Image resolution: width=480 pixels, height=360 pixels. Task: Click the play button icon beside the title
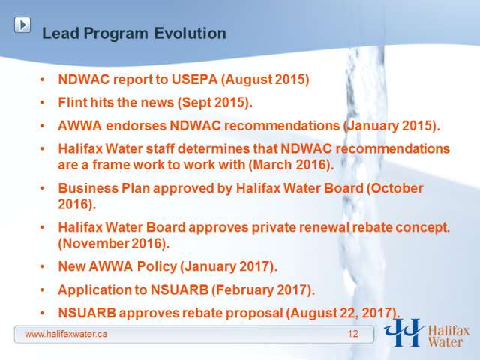pyautogui.click(x=22, y=25)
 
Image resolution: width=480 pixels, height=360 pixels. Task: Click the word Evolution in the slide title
pyautogui.click(x=190, y=33)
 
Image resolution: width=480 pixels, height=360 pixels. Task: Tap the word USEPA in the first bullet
pyautogui.click(x=194, y=79)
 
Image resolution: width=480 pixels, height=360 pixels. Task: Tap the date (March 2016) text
pyautogui.click(x=291, y=165)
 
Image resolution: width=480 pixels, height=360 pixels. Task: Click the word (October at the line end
pyautogui.click(x=395, y=188)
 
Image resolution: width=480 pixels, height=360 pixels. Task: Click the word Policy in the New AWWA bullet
pyautogui.click(x=157, y=266)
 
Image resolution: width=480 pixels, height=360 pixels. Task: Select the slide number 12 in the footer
pyautogui.click(x=353, y=334)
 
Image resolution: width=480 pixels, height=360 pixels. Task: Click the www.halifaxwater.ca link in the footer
pyautogui.click(x=66, y=334)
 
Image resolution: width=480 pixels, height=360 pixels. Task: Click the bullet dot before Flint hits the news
pyautogui.click(x=43, y=103)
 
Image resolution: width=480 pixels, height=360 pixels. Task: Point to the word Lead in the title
pyautogui.click(x=61, y=33)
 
